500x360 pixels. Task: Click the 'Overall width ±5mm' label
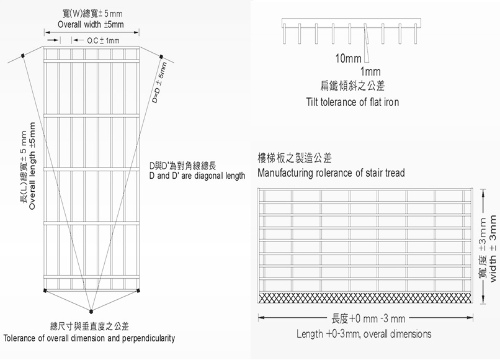(x=91, y=25)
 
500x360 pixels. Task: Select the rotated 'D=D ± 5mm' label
(x=159, y=83)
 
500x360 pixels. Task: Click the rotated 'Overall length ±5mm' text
(x=32, y=166)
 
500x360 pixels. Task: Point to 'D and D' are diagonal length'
(x=197, y=176)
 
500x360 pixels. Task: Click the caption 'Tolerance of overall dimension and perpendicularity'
(x=89, y=338)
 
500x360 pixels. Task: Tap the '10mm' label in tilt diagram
(x=348, y=59)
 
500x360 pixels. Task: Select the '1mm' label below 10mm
(x=370, y=72)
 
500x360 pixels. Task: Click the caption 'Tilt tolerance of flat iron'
(x=352, y=102)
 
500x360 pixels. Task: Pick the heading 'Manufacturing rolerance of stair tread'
(x=331, y=173)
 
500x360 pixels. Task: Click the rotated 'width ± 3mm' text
(x=493, y=248)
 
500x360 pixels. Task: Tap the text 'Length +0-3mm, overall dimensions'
(x=364, y=334)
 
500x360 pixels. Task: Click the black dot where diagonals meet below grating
(x=91, y=311)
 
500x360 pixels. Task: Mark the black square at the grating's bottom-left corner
(x=45, y=290)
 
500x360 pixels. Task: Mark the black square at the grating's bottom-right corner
(x=138, y=290)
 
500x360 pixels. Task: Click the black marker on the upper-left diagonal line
(x=23, y=56)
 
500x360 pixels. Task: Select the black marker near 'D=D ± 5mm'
(x=161, y=57)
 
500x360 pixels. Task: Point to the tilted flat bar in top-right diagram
(x=367, y=43)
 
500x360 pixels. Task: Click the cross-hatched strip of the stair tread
(x=365, y=297)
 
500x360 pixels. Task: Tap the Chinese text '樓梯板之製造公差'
(x=294, y=158)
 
